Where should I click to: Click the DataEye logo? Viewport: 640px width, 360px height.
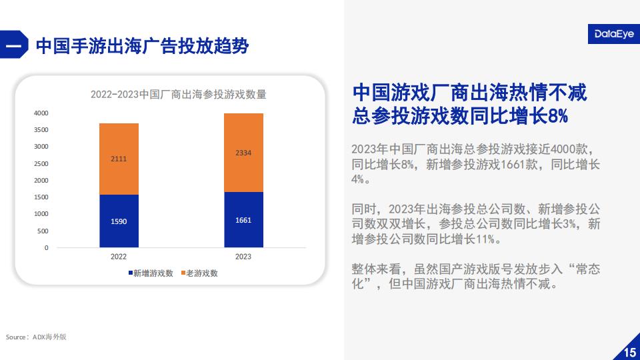click(x=614, y=34)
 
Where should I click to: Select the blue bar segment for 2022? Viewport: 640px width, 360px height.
click(x=119, y=221)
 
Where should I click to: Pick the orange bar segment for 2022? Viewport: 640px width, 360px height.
click(x=119, y=159)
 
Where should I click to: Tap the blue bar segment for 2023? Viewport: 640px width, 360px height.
click(x=243, y=219)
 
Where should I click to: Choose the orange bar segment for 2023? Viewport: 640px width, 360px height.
click(x=243, y=153)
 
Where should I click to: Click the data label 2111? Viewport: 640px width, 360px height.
click(x=119, y=159)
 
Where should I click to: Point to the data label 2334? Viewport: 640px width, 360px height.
click(x=243, y=153)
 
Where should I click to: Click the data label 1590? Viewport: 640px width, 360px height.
click(x=119, y=221)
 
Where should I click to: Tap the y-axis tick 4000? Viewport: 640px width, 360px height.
click(x=41, y=113)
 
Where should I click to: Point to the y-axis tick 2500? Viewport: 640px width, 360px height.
click(x=41, y=164)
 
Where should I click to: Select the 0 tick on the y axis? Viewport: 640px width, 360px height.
click(x=47, y=248)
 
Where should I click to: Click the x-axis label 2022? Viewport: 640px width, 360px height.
click(x=119, y=257)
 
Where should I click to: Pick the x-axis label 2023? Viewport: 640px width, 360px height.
click(x=243, y=257)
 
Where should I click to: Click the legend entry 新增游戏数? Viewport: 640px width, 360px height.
click(x=151, y=273)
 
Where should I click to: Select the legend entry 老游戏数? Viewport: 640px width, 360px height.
click(x=199, y=273)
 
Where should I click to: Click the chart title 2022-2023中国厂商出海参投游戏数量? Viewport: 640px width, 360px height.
click(x=179, y=95)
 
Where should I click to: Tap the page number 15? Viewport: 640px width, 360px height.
click(x=630, y=352)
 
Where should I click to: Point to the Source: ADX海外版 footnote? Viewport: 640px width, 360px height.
click(x=36, y=337)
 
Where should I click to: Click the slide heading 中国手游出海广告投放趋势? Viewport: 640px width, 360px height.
click(x=143, y=46)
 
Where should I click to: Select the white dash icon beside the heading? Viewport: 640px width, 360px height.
click(x=13, y=45)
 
